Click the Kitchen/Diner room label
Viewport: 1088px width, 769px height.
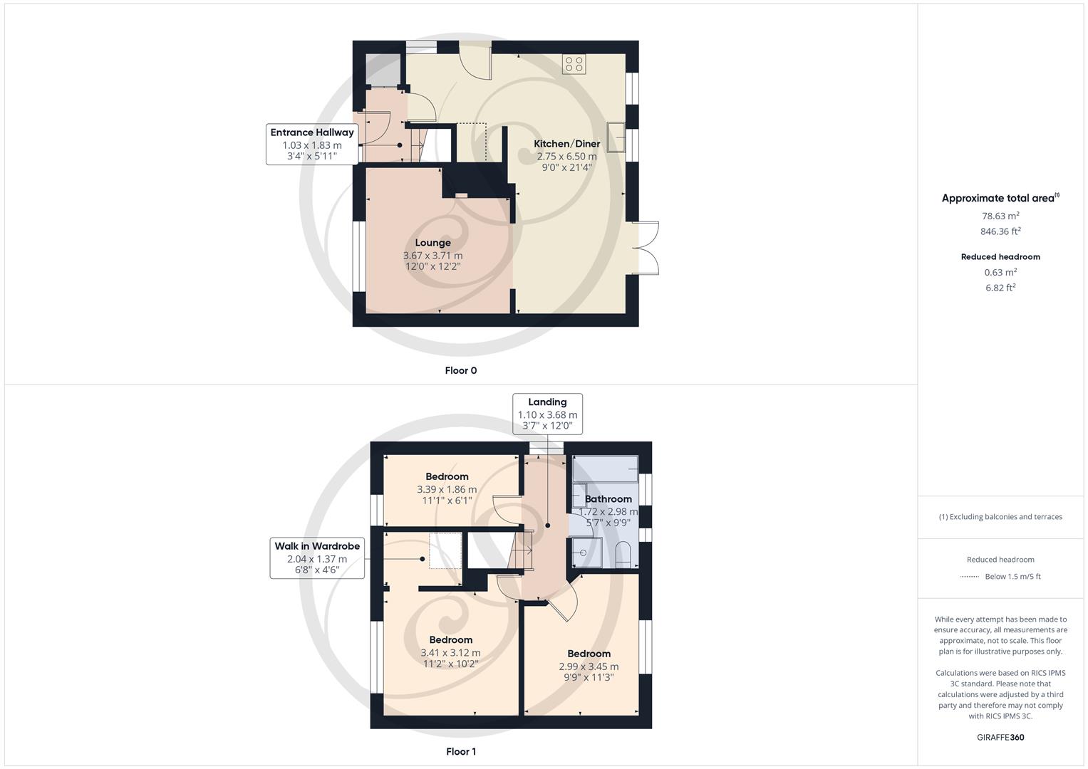[x=566, y=144]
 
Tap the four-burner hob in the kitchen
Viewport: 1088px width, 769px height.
[x=574, y=64]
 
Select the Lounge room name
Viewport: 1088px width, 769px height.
[x=432, y=243]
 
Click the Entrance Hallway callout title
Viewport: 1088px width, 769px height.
[x=311, y=132]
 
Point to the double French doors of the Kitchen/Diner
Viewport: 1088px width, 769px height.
[x=646, y=248]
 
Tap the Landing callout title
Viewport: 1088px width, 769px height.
[x=546, y=402]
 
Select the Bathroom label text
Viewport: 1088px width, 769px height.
[x=608, y=499]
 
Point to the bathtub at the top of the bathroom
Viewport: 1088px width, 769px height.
[x=605, y=469]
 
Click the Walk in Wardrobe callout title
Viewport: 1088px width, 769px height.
[x=317, y=546]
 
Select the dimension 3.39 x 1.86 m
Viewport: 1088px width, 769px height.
[x=447, y=489]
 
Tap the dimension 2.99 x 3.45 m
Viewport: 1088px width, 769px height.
[x=589, y=666]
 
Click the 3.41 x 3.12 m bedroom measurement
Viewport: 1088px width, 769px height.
[x=450, y=652]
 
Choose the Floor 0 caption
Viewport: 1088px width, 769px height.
[x=460, y=370]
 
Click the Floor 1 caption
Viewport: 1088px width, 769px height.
[x=460, y=751]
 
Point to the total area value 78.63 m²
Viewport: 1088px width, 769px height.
[x=1000, y=216]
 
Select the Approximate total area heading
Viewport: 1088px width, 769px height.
[x=1000, y=199]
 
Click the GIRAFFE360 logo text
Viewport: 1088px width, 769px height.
[x=1000, y=737]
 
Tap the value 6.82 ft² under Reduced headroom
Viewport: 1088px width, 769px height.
[x=1000, y=288]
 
